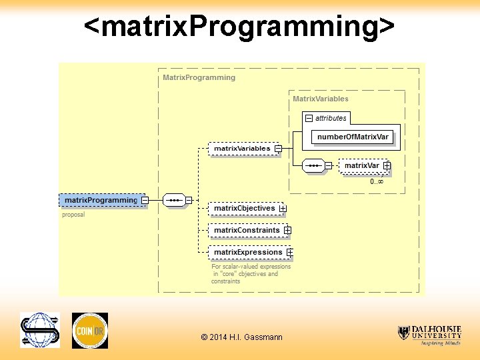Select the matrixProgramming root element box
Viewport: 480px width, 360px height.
[x=100, y=200]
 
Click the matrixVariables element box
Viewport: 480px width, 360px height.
[x=241, y=148]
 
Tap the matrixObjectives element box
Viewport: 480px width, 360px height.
[x=244, y=208]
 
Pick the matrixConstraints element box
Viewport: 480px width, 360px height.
[x=246, y=230]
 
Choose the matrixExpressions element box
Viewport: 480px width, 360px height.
[x=247, y=252]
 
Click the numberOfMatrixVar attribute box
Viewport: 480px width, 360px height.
[x=353, y=137]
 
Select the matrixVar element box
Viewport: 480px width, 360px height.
[x=361, y=165]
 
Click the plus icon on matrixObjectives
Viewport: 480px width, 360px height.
[x=283, y=209]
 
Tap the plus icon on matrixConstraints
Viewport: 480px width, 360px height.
[x=287, y=230]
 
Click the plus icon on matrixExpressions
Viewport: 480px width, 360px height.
[x=290, y=253]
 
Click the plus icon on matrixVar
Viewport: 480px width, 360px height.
[x=387, y=165]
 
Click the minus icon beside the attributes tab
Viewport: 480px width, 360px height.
[x=309, y=118]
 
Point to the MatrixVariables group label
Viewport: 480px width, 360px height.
[x=321, y=99]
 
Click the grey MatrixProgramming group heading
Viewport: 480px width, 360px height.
[x=199, y=77]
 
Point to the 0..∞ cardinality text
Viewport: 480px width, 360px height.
[x=377, y=181]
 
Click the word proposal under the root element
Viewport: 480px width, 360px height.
[x=73, y=215]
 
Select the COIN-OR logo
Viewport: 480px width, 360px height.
[x=89, y=330]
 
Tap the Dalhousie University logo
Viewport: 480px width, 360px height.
[x=429, y=334]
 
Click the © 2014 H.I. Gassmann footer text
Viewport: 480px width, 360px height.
[x=241, y=337]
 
